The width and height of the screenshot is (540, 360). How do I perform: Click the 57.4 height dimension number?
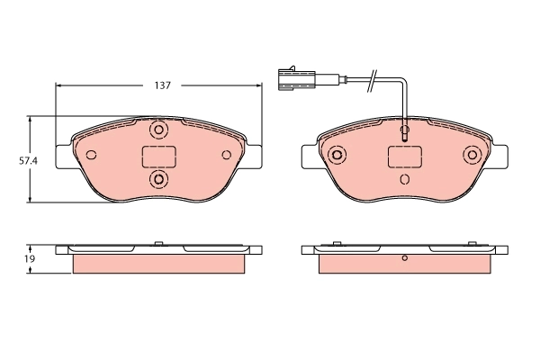[28, 161]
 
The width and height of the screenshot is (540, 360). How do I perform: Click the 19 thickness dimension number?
[29, 258]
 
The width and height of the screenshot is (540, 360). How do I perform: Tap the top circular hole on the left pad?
[158, 130]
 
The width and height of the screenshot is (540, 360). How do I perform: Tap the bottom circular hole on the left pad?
[158, 181]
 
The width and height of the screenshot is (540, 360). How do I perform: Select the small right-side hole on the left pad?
[227, 154]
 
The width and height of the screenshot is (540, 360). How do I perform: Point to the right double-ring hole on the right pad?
[472, 155]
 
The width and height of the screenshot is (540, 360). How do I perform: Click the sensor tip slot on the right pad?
[404, 135]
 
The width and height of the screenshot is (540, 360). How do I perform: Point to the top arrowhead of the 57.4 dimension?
[32, 119]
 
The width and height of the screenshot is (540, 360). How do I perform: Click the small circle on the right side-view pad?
[404, 259]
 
